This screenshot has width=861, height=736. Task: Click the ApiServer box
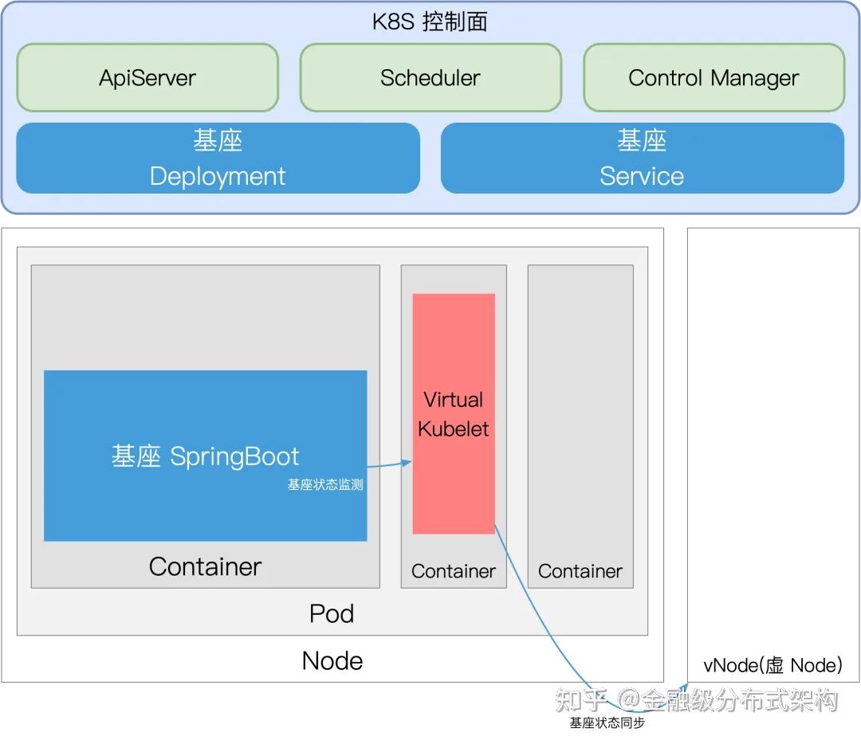147,77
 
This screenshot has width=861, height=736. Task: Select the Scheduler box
431,77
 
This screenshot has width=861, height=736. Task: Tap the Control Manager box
714,77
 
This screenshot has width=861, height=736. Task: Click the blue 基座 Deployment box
218,158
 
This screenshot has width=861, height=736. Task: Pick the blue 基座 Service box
643,158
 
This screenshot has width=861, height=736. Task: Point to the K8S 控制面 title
430,22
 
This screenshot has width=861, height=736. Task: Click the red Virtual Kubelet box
454,413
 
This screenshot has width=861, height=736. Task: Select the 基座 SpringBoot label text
206,456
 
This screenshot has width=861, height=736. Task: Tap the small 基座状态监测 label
325,484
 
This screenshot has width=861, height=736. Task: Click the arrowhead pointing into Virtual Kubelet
407,463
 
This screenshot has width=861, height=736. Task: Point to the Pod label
332,613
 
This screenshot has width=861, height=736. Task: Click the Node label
332,660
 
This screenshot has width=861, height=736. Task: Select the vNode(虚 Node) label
773,665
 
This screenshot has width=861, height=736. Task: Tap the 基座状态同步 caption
607,722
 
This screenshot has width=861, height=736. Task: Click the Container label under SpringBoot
206,566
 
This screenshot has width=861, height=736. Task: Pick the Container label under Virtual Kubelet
454,571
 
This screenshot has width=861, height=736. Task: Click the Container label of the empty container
580,571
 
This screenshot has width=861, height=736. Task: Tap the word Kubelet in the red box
453,429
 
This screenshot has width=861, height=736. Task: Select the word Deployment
218,177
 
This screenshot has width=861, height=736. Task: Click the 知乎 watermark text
581,700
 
